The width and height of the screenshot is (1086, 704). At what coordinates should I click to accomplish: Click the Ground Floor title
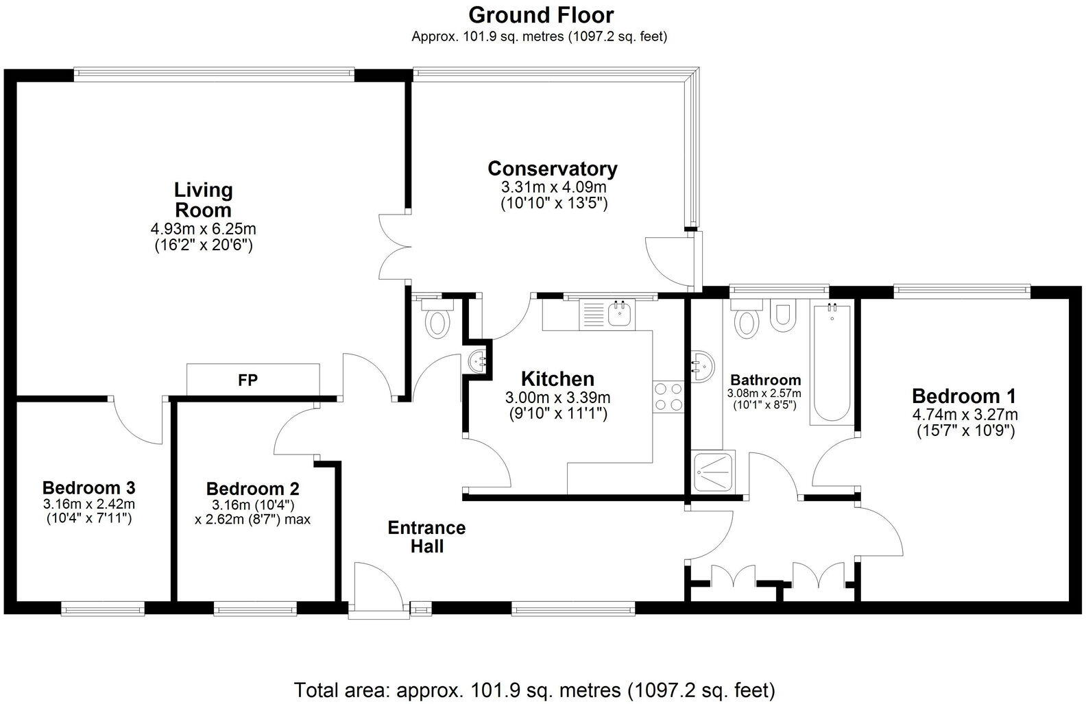541,14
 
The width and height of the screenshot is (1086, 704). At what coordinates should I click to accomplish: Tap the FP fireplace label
248,380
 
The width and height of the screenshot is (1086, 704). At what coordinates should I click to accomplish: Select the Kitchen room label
557,378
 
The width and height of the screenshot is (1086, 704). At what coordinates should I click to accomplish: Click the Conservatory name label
552,169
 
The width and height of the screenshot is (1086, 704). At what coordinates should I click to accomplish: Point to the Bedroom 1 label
963,396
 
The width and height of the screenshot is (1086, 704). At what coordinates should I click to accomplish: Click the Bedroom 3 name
88,488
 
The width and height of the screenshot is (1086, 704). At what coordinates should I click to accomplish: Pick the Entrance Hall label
426,537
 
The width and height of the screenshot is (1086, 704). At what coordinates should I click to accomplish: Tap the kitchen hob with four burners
668,396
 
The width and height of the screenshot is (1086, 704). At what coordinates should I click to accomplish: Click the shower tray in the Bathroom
714,471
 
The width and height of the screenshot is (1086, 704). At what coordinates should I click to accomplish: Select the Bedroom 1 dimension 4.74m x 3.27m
965,414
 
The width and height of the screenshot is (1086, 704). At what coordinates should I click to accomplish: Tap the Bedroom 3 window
103,607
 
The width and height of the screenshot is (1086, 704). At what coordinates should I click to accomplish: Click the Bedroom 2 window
255,607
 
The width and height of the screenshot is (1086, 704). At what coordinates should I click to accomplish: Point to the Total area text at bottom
534,689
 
